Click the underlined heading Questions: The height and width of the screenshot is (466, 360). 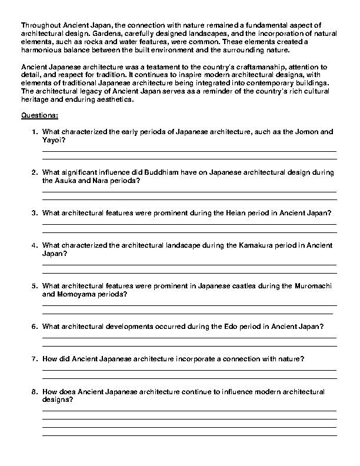[39, 116]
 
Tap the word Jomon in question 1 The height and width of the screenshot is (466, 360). [305, 132]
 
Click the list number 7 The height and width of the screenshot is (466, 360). [35, 358]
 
